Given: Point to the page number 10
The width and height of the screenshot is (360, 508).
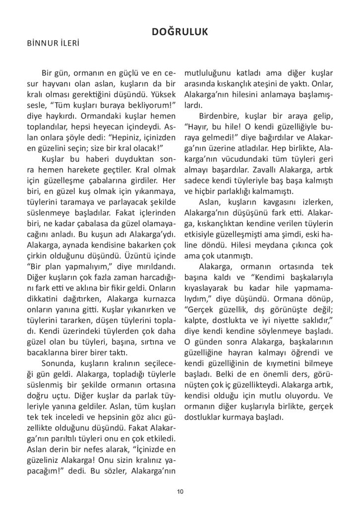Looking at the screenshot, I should click(x=180, y=491).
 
